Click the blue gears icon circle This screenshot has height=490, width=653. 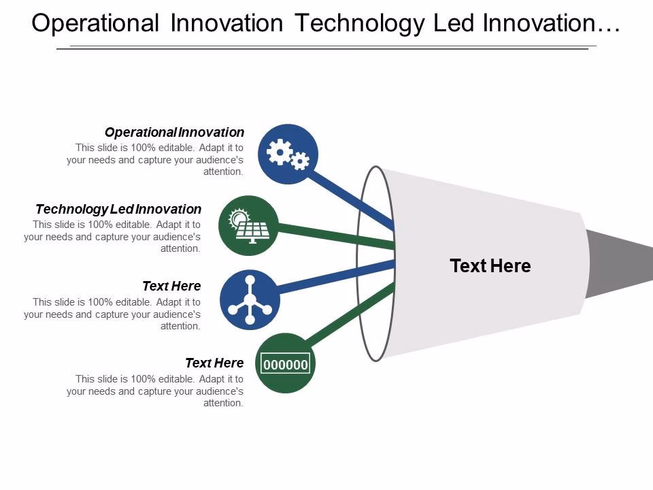288,154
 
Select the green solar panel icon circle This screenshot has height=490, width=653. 249,225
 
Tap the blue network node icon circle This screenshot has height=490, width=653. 250,299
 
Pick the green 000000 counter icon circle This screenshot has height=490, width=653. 286,363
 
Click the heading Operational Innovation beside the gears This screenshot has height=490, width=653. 174,132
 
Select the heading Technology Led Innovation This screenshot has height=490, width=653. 118,209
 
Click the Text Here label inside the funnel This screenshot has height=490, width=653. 490,266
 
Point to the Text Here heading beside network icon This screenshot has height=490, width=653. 171,286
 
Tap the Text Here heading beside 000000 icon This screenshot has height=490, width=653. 214,363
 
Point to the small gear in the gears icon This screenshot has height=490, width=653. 300,161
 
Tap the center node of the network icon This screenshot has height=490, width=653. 250,299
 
